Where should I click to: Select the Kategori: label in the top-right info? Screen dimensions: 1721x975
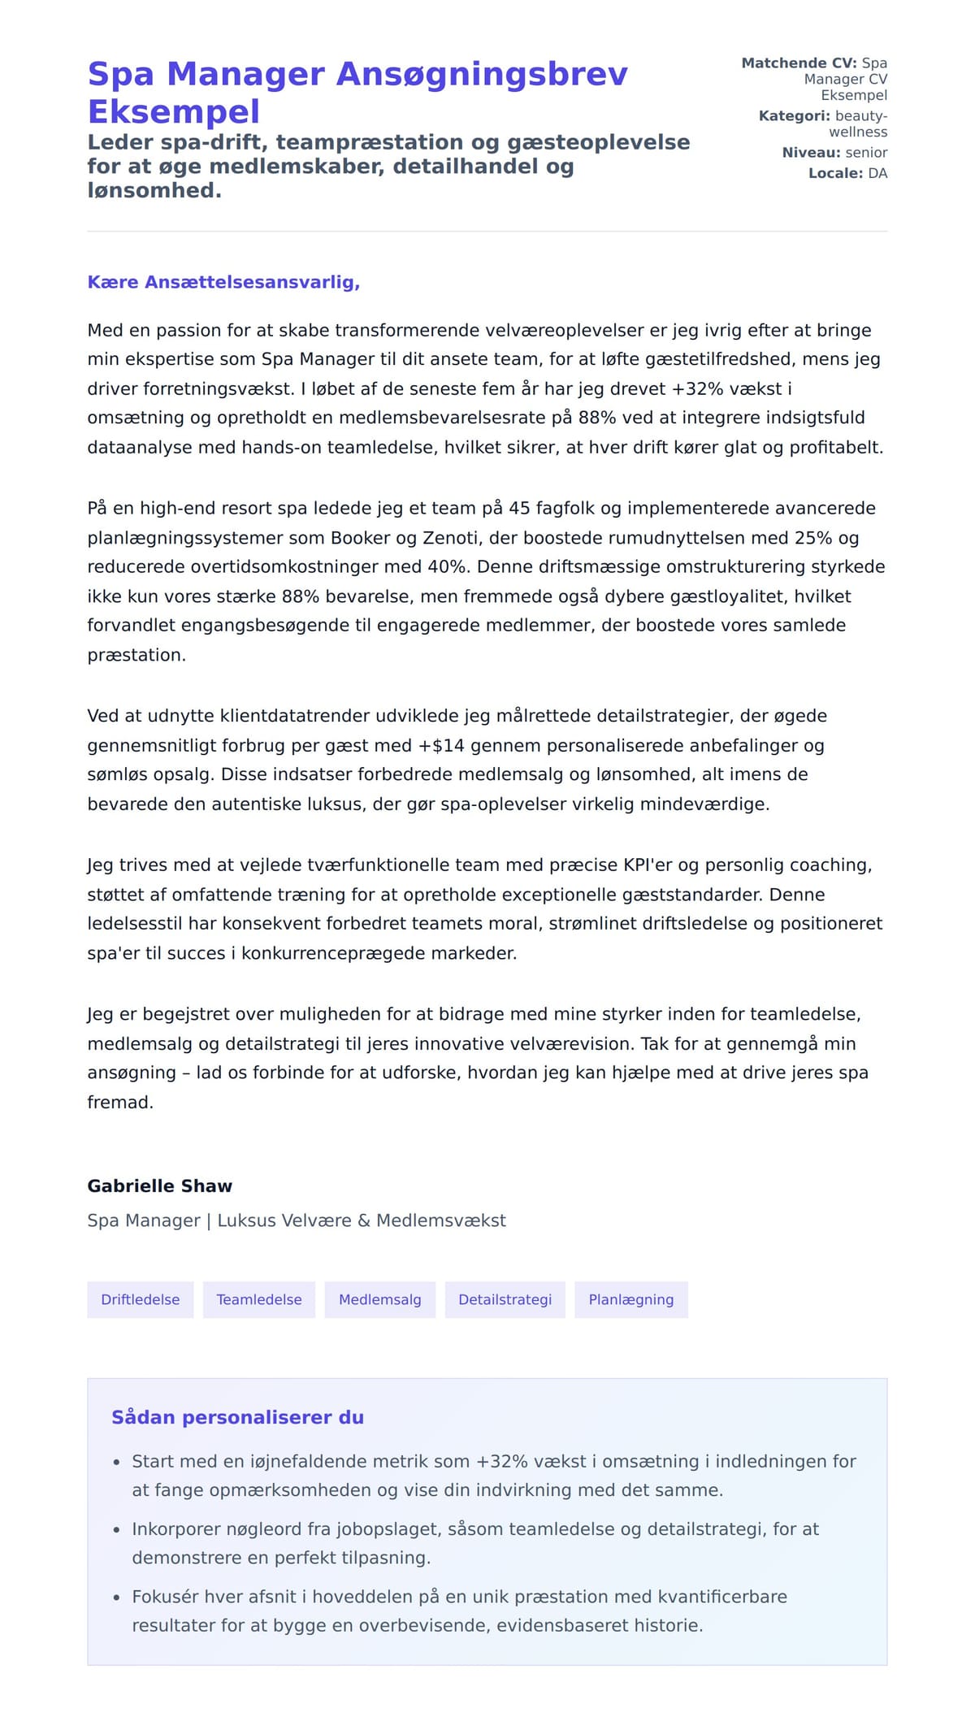794,116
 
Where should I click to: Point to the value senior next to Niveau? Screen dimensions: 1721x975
866,153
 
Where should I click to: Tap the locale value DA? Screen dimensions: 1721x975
877,173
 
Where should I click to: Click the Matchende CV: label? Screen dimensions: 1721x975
799,63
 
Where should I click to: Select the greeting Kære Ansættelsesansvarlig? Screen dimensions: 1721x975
223,283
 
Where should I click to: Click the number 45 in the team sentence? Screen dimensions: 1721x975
519,509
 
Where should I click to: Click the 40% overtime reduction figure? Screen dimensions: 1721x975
447,567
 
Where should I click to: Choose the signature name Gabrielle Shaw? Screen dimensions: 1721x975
160,1186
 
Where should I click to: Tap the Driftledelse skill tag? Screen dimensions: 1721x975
140,1300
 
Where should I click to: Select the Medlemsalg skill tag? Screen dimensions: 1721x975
379,1300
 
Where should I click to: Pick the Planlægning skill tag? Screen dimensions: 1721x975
630,1300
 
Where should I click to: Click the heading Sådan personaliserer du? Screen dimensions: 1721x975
237,1418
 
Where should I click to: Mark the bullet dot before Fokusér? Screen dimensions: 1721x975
117,1597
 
